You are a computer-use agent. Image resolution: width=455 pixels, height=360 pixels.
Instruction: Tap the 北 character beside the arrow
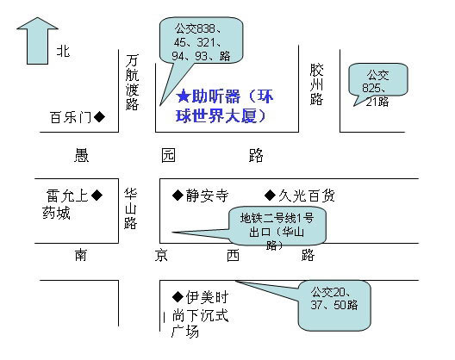pos(63,51)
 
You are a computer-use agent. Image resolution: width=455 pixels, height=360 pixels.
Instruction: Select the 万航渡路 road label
pos(132,83)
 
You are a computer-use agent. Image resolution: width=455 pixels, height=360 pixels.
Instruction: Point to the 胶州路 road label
pos(316,84)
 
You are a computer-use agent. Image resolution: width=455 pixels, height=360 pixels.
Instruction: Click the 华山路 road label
pos(130,209)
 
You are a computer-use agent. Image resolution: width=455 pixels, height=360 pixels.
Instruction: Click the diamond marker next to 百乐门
pos(100,117)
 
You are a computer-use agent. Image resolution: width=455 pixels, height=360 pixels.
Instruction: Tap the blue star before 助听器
pos(183,96)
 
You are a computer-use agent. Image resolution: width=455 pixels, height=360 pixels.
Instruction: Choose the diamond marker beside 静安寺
pos(178,196)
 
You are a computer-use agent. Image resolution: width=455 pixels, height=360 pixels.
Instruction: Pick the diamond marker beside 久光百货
pos(271,196)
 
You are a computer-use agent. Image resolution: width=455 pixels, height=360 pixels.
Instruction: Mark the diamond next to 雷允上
pos(97,195)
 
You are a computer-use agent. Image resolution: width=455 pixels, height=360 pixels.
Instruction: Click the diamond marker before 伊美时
pos(178,297)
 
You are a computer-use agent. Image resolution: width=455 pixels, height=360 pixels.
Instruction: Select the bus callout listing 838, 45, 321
pos(201,40)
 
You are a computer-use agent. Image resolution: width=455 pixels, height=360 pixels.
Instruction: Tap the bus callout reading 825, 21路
pos(378,80)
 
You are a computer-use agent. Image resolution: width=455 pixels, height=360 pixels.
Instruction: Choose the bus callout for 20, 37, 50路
pos(334,305)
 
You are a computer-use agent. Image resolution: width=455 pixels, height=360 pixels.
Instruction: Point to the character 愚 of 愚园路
pos(82,155)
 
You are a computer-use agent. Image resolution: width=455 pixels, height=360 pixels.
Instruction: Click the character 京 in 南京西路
pos(161,255)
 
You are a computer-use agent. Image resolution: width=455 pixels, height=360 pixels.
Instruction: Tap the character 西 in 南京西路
pos(234,255)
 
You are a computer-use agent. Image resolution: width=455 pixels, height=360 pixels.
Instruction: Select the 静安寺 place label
pos(207,196)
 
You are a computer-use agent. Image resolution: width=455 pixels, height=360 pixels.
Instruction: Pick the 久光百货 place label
pos(307,196)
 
